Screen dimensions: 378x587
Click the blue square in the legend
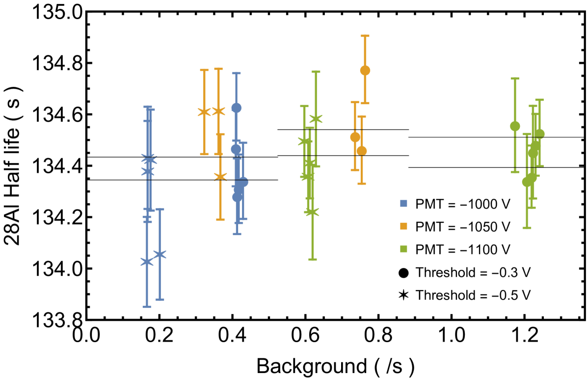403,203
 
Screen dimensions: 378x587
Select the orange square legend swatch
403,226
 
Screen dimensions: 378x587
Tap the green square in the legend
403,248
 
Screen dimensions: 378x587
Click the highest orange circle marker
365,70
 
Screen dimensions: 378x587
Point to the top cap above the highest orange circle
365,36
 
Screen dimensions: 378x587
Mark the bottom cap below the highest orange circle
365,103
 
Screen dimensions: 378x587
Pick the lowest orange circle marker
362,151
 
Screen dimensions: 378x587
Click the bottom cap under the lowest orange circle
362,184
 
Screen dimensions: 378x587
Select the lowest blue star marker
147,262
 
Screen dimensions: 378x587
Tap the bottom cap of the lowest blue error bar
147,307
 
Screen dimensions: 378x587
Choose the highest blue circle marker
236,108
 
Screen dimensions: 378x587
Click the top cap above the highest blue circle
236,73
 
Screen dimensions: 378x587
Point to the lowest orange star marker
220,176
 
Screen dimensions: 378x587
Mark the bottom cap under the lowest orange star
220,219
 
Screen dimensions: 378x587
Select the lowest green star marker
312,212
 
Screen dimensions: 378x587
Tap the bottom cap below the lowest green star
312,259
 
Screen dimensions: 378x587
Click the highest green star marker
316,118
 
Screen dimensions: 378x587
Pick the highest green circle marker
515,126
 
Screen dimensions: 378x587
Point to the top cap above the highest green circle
515,79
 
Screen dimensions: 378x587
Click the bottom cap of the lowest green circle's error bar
527,228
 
